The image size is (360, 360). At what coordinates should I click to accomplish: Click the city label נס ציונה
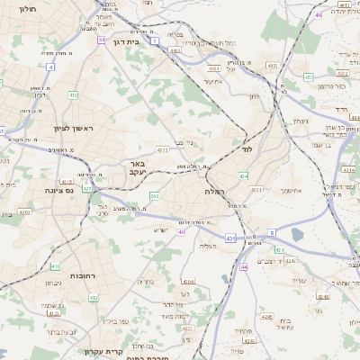click(59, 191)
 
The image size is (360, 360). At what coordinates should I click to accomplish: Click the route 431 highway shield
click(230, 238)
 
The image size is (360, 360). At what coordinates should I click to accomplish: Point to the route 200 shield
click(154, 195)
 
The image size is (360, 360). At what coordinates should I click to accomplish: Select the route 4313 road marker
click(162, 150)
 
